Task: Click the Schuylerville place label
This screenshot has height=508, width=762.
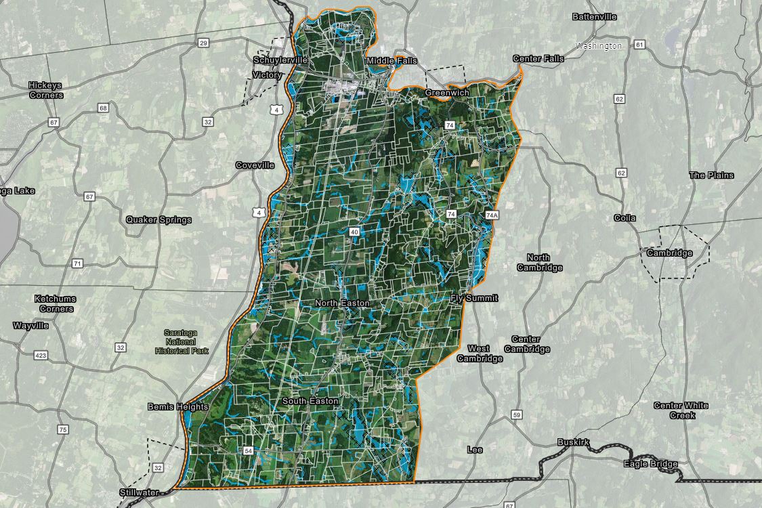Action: (x=280, y=60)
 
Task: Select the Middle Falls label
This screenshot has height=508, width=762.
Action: (x=391, y=61)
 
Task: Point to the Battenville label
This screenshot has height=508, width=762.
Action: (x=595, y=16)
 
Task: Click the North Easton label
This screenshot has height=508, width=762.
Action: (x=342, y=303)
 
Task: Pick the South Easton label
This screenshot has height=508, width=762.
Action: (x=310, y=402)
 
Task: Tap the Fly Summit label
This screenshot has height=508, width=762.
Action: (x=474, y=298)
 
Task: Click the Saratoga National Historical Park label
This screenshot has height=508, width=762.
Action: (x=182, y=341)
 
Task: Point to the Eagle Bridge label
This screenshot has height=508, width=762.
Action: (x=650, y=464)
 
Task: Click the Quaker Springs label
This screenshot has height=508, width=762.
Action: (x=158, y=219)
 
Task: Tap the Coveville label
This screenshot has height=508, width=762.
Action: (x=255, y=165)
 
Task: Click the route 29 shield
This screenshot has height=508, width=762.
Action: (x=204, y=43)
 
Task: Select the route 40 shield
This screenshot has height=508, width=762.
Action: (x=354, y=232)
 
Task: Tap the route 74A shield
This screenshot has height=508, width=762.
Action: (x=492, y=215)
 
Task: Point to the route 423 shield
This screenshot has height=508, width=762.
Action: (x=41, y=354)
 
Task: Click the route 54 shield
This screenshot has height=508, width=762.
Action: (x=248, y=450)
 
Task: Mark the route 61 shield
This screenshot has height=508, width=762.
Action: (x=639, y=45)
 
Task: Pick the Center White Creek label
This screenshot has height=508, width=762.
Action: (x=681, y=410)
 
